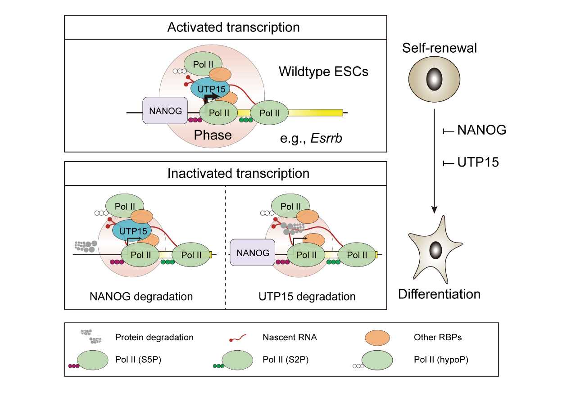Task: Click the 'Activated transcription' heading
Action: tap(233, 27)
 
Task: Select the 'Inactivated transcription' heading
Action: tap(238, 173)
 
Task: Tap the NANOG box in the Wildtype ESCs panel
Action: tap(164, 110)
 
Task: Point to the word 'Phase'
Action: tap(213, 135)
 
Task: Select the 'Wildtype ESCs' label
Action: tap(323, 71)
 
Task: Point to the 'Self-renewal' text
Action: tap(440, 48)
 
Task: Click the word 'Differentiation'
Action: tap(439, 294)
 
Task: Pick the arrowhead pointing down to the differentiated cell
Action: tap(434, 209)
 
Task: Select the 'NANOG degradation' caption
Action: tap(141, 297)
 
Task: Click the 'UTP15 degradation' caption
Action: tap(307, 297)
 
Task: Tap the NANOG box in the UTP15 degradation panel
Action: tap(253, 253)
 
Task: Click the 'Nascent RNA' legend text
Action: tap(290, 337)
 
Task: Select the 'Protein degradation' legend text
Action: tap(154, 337)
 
